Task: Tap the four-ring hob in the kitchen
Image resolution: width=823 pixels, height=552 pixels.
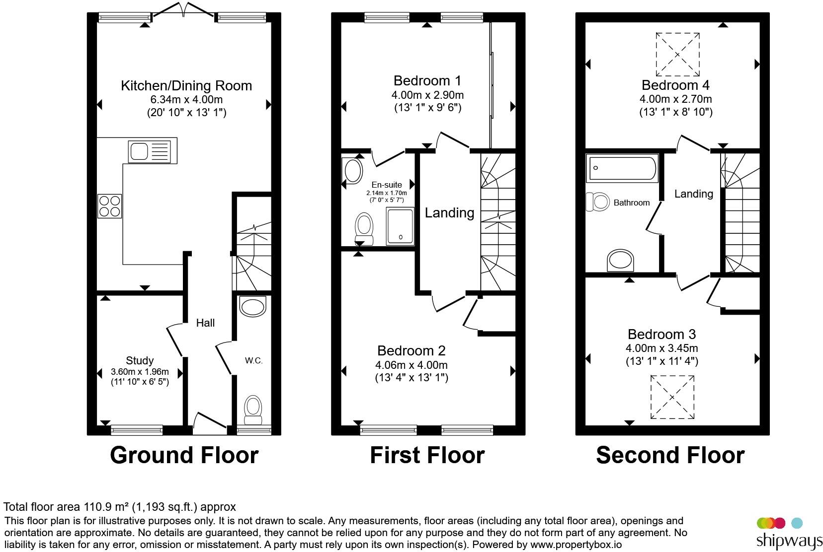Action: (109, 207)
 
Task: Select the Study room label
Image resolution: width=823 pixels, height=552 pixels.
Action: (140, 360)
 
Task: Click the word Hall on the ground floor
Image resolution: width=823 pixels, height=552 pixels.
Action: (205, 323)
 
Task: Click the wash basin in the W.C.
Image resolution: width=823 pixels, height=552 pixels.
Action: (252, 306)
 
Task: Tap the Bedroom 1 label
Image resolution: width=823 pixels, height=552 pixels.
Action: (427, 80)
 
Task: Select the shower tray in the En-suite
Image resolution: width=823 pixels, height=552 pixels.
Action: (400, 226)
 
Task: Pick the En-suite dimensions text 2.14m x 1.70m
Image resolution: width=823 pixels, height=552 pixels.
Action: (387, 193)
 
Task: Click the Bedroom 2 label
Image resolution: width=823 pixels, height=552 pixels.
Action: (411, 350)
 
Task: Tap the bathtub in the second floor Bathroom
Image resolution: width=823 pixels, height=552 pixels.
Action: (622, 168)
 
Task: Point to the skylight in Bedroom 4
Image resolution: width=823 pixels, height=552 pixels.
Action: (677, 54)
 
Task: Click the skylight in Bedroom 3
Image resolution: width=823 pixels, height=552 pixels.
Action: (672, 397)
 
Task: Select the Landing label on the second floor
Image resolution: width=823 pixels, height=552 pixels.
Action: (694, 194)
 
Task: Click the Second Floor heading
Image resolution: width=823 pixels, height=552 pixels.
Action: (670, 455)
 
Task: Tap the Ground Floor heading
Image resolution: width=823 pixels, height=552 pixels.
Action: (184, 455)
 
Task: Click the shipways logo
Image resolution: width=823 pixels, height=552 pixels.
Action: (789, 534)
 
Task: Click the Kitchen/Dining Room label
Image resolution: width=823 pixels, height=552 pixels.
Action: (186, 85)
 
